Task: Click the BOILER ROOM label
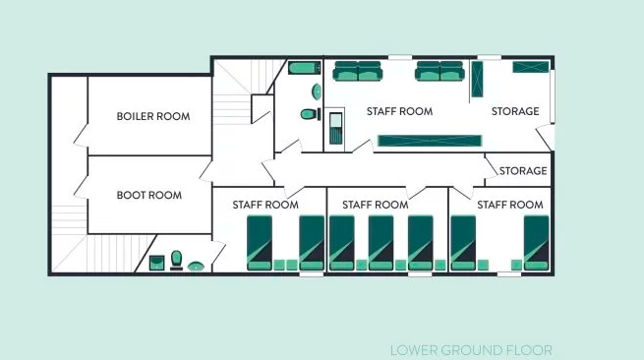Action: pos(153,116)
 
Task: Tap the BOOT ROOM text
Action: pos(149,195)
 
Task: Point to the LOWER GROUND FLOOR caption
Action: pos(471,350)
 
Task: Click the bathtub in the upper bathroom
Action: pos(305,68)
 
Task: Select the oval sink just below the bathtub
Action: pos(317,91)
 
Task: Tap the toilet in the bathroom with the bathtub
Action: pos(311,114)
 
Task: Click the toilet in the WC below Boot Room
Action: pos(177,260)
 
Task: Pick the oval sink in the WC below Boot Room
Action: pos(196,267)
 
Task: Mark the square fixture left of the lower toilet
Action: pos(156,263)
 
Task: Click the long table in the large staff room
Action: pos(430,141)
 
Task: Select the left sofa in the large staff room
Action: pos(358,71)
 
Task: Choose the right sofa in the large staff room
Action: pos(439,71)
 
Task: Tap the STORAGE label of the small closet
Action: pos(523,171)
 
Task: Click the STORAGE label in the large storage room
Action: pos(515,111)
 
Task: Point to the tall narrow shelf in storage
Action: pos(477,80)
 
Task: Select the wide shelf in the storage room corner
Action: pos(531,67)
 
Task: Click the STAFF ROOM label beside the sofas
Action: pos(399,111)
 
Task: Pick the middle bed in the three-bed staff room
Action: pos(381,243)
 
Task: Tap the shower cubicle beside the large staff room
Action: pos(335,129)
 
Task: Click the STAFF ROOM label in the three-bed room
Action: pos(375,205)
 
